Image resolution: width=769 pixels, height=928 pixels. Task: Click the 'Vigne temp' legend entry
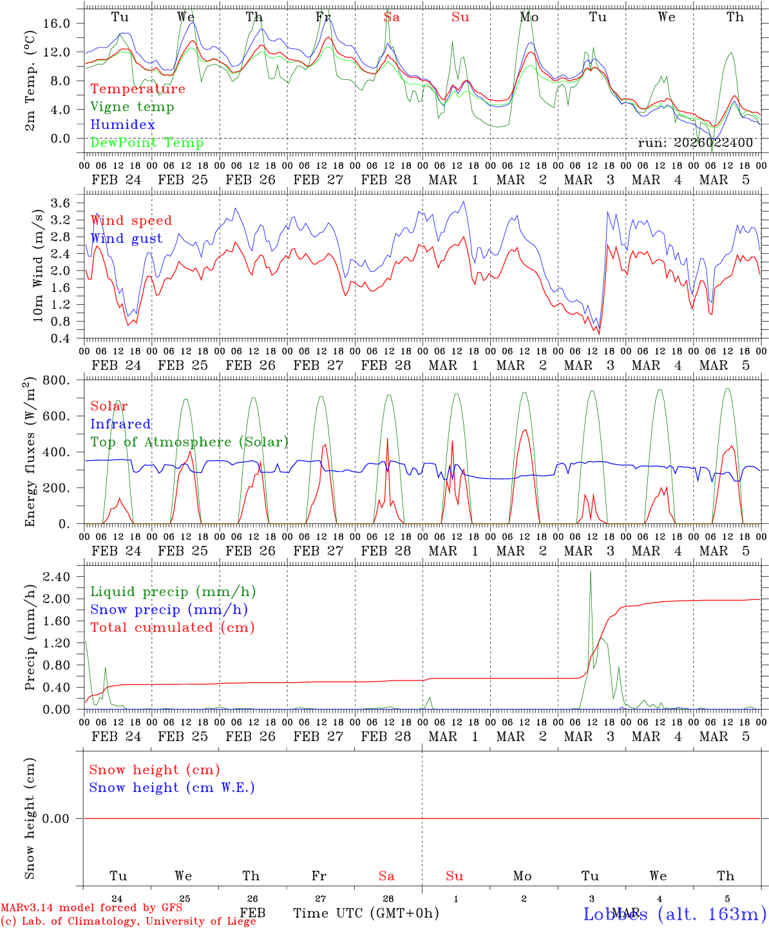(x=132, y=107)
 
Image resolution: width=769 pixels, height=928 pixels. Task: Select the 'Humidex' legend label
(x=122, y=125)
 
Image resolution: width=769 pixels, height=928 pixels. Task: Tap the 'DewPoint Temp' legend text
(x=147, y=143)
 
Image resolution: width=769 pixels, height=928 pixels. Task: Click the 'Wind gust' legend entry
(x=126, y=238)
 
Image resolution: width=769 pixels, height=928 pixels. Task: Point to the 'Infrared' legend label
(x=120, y=424)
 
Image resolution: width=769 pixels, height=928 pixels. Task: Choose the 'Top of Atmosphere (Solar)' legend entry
(x=189, y=442)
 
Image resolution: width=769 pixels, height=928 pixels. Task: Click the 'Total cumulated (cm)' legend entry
(x=172, y=628)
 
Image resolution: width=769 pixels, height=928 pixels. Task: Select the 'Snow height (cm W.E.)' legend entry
(x=172, y=788)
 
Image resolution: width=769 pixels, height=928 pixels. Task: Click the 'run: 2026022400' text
(x=695, y=143)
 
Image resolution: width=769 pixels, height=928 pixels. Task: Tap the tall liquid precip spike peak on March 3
(x=591, y=570)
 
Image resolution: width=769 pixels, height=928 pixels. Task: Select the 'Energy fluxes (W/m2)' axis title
(x=30, y=453)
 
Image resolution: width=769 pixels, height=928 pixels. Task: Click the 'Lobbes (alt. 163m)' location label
(x=674, y=913)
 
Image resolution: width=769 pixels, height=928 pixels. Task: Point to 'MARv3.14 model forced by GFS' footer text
(x=91, y=908)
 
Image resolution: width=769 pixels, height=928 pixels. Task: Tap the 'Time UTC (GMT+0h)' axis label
(x=366, y=913)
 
